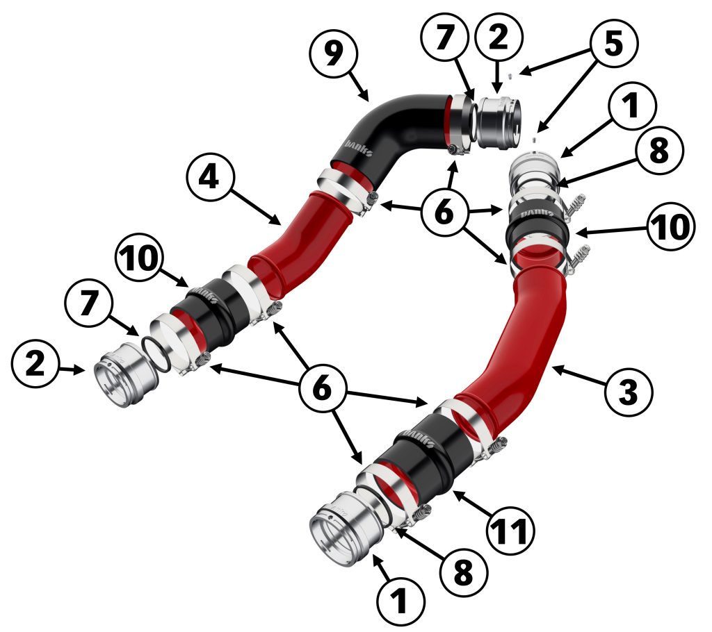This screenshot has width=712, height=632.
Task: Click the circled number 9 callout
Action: coord(334,54)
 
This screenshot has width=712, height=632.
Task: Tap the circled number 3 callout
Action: coord(629,391)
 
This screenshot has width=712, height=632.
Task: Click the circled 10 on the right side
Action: coord(671,226)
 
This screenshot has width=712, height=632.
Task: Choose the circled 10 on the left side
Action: coord(140,258)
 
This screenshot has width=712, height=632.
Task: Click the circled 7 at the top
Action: coord(444,37)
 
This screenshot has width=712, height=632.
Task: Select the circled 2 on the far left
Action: coord(35,365)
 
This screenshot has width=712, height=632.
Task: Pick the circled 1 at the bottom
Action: coord(400,602)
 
